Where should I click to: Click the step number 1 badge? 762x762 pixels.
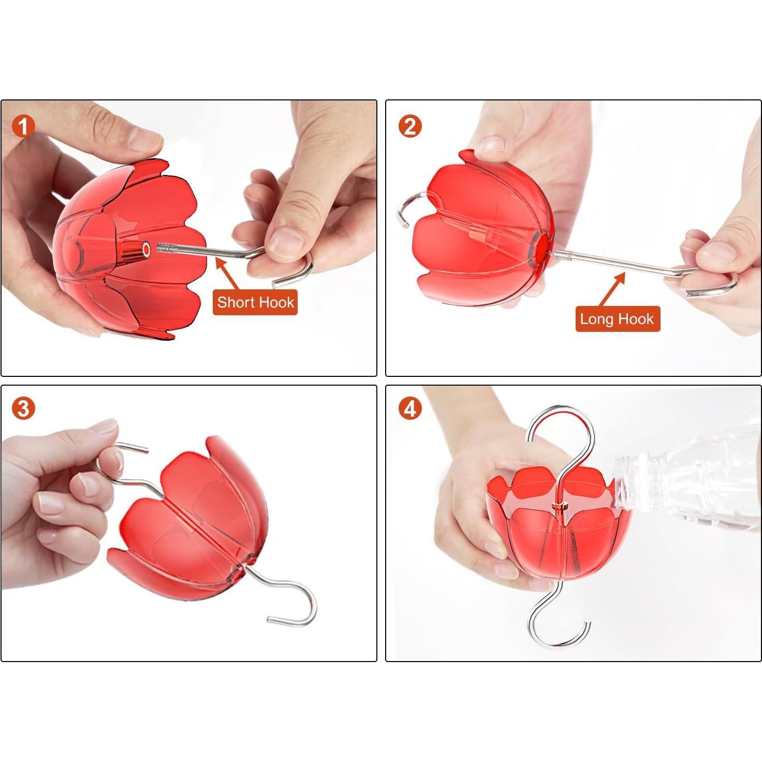point(23,127)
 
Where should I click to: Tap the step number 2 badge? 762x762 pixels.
point(409,127)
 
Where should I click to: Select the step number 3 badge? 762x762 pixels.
point(23,408)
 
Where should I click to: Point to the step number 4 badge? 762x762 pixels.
point(409,408)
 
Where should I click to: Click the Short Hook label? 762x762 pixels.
point(255,302)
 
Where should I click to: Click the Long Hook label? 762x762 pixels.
point(617,319)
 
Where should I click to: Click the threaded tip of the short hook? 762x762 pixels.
point(166,248)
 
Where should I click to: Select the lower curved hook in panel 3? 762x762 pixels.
point(312,606)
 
